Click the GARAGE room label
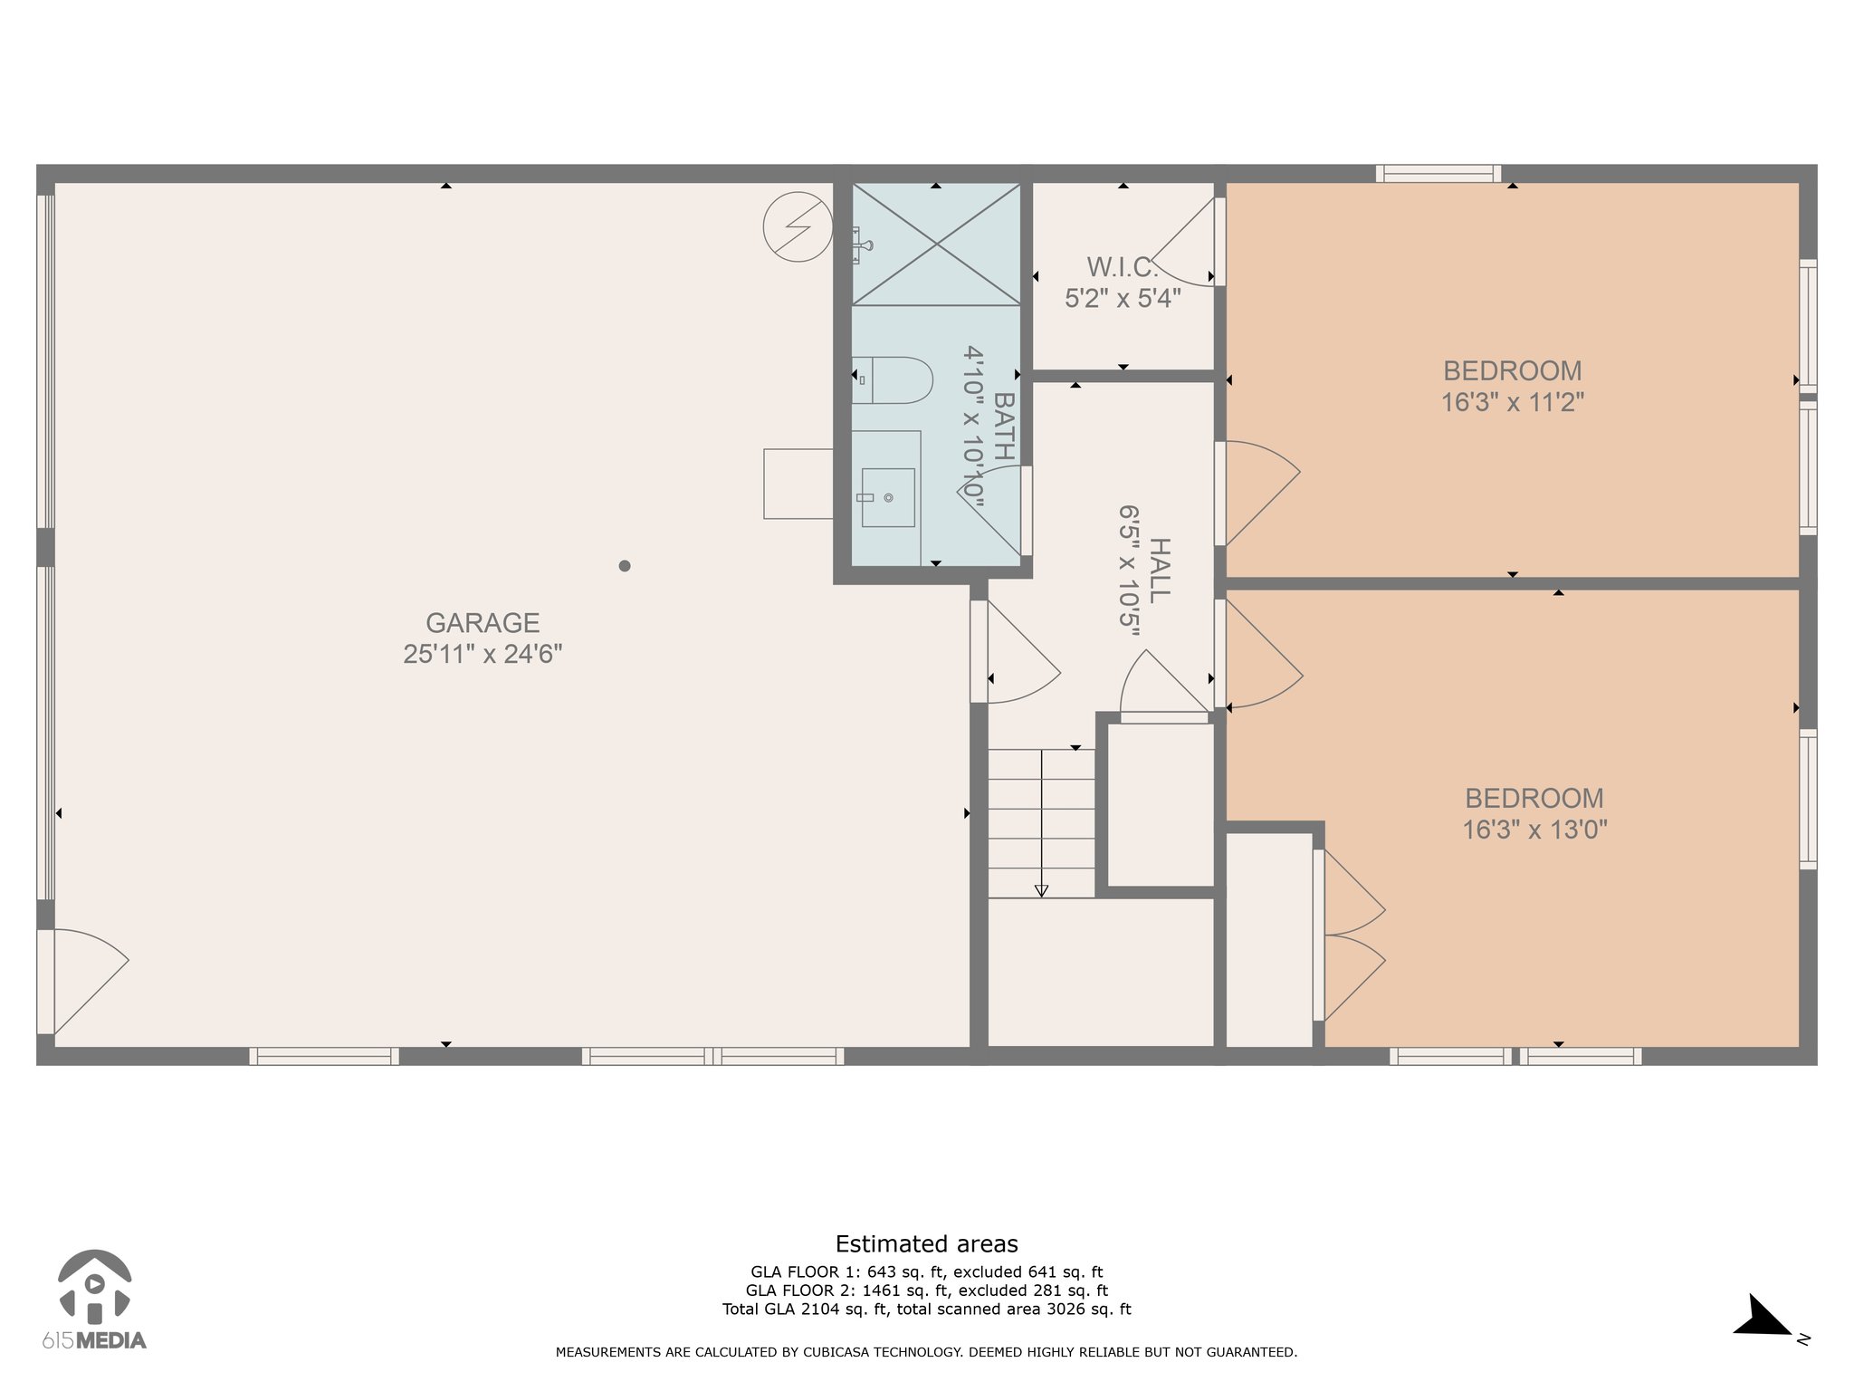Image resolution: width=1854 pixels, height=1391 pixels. coord(483,623)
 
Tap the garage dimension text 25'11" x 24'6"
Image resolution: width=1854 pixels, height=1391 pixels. coord(483,654)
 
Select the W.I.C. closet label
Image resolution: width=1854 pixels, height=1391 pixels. coord(1123,267)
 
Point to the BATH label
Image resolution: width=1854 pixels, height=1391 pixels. coord(1004,427)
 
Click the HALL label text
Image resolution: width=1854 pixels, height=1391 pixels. coord(1159,571)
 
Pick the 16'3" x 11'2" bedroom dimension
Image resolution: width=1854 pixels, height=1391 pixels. coord(1513,402)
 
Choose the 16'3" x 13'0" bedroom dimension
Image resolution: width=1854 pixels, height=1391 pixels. coord(1534,830)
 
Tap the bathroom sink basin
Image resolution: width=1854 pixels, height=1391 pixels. coord(887,497)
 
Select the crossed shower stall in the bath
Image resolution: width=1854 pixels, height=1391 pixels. coord(936,244)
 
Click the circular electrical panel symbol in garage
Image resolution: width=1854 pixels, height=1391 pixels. coord(798,228)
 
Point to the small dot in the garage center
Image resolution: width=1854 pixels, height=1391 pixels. coord(625,566)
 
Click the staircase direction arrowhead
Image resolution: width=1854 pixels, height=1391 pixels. coord(1041,891)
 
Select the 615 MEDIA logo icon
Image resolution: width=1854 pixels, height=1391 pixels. coord(94,1288)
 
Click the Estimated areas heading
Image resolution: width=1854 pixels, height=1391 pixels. coord(926,1244)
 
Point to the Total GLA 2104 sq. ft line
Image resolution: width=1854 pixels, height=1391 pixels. coord(926,1309)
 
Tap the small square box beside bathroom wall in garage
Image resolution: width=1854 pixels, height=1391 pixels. coord(798,484)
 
